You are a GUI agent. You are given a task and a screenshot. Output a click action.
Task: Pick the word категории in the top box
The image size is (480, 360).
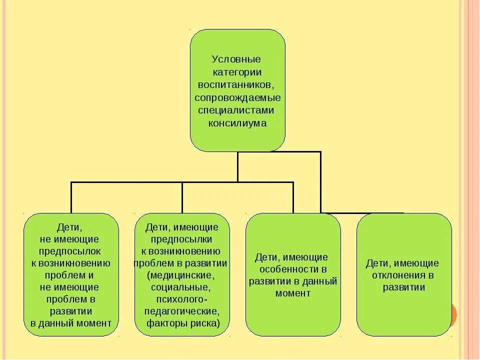tap(237, 72)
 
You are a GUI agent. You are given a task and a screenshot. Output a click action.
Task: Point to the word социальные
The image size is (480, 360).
tap(180, 287)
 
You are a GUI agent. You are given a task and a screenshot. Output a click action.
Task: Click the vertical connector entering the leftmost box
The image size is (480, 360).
tap(71, 197)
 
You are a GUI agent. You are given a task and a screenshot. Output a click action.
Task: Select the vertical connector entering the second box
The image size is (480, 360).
tap(182, 197)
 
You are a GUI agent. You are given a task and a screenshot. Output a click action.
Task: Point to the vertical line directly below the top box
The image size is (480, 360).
tap(237, 166)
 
